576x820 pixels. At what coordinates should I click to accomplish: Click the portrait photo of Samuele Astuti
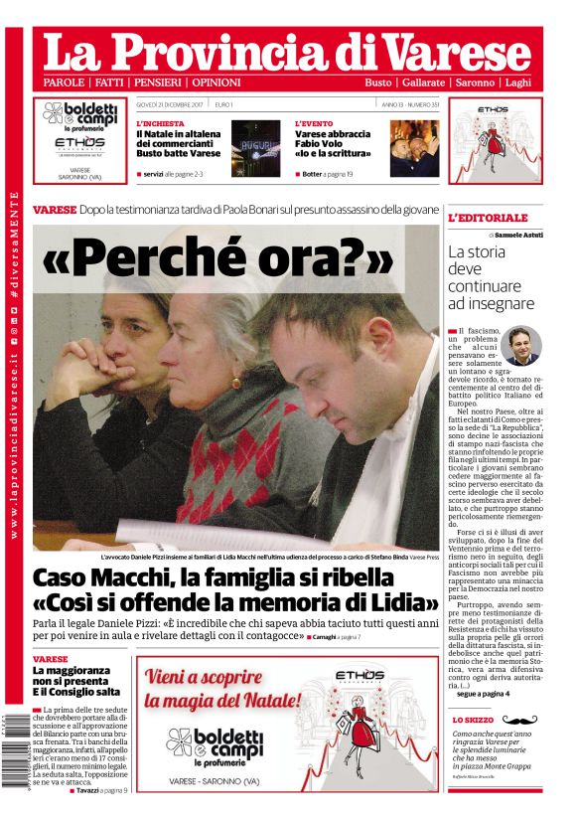[x=520, y=345]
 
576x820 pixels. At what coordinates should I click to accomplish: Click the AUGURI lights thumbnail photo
[x=256, y=148]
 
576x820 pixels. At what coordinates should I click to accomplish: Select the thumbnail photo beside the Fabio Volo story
[x=414, y=148]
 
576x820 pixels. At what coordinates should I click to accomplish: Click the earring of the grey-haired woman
[x=235, y=382]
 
